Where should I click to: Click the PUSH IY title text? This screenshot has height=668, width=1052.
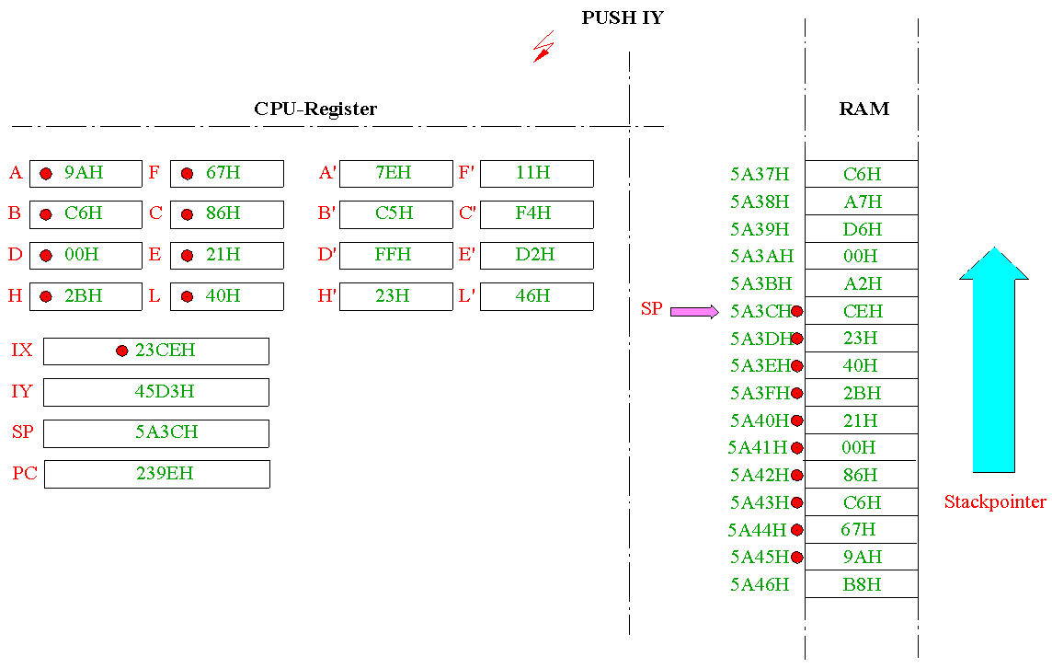point(623,18)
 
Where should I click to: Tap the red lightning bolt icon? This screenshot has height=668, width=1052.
point(544,47)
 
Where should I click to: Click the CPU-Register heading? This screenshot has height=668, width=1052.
point(315,109)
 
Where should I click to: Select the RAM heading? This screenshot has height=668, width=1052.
point(864,109)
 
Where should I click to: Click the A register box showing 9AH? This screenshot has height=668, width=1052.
point(86,173)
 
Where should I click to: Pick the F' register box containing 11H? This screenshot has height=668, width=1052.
point(537,173)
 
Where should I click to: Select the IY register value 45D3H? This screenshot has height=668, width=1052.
point(165,391)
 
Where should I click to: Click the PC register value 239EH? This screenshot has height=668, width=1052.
point(165,473)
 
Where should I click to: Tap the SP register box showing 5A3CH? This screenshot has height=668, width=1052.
point(156,433)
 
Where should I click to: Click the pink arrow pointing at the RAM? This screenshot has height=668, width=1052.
point(694,312)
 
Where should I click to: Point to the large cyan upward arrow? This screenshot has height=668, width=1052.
point(994,360)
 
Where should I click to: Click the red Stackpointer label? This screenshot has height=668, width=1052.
point(995,501)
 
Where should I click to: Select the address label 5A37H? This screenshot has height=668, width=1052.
point(760,175)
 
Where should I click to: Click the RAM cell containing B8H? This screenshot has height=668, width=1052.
point(862,584)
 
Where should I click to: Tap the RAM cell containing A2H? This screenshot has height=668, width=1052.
point(862,283)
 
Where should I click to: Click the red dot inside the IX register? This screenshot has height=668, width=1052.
point(121,351)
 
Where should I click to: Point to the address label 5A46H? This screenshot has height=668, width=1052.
point(760,585)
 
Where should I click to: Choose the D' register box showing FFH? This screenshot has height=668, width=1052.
point(395,255)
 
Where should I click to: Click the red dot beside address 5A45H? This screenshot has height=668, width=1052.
point(797,558)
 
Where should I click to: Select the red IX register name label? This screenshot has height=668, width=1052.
point(21,350)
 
